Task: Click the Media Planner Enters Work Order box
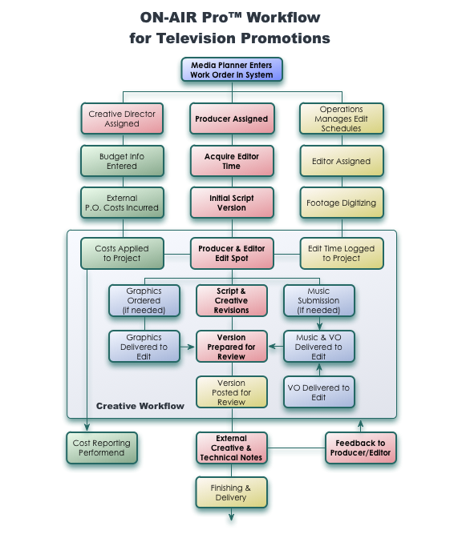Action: pyautogui.click(x=232, y=70)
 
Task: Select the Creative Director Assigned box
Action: pyautogui.click(x=122, y=118)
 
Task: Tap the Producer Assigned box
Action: pyautogui.click(x=232, y=118)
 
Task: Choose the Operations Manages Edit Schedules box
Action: pyautogui.click(x=342, y=118)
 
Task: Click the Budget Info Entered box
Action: pyautogui.click(x=122, y=161)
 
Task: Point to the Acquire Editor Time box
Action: pyautogui.click(x=232, y=161)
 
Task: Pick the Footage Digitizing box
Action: pyautogui.click(x=342, y=203)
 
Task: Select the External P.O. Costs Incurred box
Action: pyautogui.click(x=122, y=203)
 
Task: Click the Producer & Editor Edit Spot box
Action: pyautogui.click(x=232, y=253)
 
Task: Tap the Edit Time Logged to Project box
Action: pyautogui.click(x=342, y=253)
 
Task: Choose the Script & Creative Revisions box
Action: pyautogui.click(x=232, y=301)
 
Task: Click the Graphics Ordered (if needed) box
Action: pyautogui.click(x=144, y=301)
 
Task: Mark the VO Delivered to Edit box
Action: pyautogui.click(x=319, y=392)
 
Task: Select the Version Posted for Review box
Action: pyautogui.click(x=232, y=392)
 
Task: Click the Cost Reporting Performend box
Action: pyautogui.click(x=102, y=448)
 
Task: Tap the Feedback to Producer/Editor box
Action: pyautogui.click(x=361, y=448)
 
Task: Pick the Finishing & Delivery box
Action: pyautogui.click(x=231, y=492)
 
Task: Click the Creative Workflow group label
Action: pyautogui.click(x=140, y=406)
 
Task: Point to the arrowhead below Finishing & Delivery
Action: pyautogui.click(x=231, y=516)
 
